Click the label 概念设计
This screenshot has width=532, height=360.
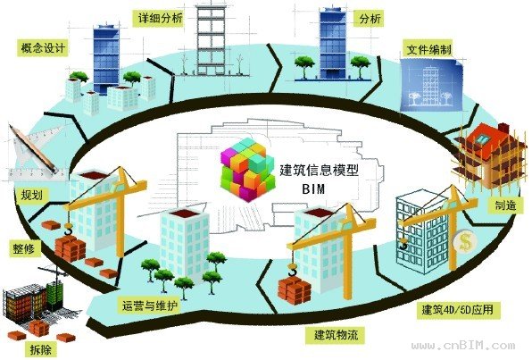(43, 48)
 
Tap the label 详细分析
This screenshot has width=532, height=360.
(160, 18)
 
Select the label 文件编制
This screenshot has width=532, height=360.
(429, 50)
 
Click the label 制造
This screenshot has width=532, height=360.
(505, 205)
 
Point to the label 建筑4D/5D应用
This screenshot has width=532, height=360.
(458, 310)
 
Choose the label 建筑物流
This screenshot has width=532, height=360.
(336, 334)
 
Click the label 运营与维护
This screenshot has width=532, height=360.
(149, 306)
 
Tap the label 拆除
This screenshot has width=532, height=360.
(41, 349)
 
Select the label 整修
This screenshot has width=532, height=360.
(24, 249)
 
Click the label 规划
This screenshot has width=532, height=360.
(31, 195)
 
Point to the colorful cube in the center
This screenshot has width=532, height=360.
(247, 169)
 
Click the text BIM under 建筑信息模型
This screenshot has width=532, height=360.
(312, 188)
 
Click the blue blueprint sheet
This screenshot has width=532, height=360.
(431, 84)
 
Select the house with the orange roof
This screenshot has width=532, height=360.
(490, 155)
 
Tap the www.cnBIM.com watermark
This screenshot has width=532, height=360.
(462, 346)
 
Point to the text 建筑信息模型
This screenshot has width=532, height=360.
(319, 170)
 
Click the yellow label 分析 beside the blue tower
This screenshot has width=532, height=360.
(370, 19)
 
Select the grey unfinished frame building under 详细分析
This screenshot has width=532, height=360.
(211, 40)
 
